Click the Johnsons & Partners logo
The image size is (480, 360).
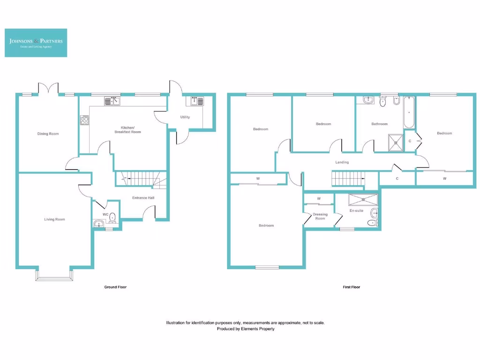point(36,43)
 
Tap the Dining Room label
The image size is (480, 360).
point(48,134)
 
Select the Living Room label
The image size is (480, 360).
point(54,219)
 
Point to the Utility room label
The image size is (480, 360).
point(185,117)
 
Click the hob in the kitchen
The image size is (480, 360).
point(85,120)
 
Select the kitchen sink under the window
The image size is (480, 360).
point(112,100)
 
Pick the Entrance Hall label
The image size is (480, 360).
point(143,198)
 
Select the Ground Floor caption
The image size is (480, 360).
point(115,287)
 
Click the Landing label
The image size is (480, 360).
point(342,162)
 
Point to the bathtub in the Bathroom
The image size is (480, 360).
point(409,113)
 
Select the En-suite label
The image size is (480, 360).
point(357,211)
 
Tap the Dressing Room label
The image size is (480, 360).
point(320,217)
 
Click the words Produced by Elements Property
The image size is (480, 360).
point(245,329)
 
